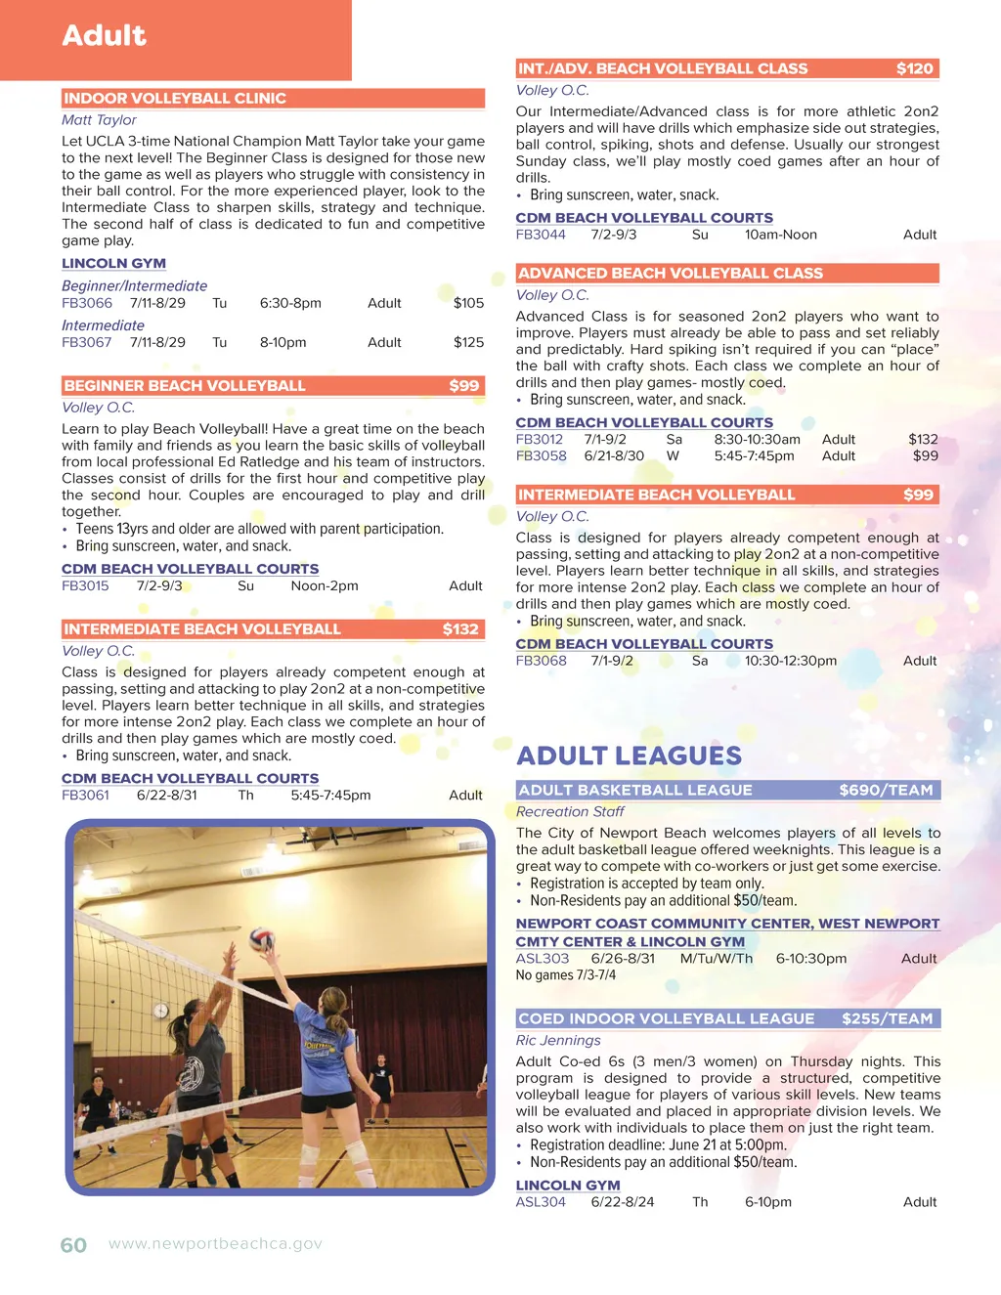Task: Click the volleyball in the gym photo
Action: pos(261,939)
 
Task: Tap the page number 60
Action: pos(73,1245)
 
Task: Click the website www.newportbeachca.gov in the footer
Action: pos(215,1244)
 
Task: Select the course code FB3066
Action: pos(87,303)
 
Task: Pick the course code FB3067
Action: pos(87,342)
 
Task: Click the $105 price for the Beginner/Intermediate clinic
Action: pos(468,303)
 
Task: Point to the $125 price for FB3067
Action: pos(468,342)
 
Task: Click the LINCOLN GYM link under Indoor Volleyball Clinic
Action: pos(113,263)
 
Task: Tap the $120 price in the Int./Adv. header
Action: pos(915,68)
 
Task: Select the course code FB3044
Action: pos(541,235)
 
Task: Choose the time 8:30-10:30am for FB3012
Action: pos(757,439)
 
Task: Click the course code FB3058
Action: pos(541,455)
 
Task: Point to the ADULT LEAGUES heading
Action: pos(629,755)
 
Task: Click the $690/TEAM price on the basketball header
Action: pos(886,790)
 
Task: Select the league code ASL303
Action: pos(542,959)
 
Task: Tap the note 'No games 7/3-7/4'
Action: pos(565,975)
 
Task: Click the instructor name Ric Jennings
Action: pos(558,1040)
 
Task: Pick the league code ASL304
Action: pos(541,1202)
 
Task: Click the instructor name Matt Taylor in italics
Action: pos(99,119)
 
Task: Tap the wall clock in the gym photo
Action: pos(161,1010)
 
